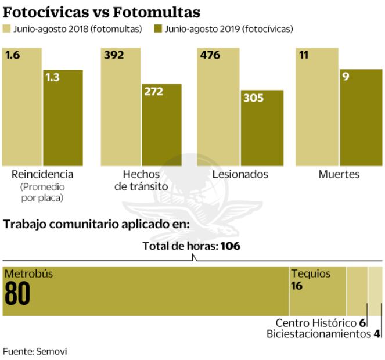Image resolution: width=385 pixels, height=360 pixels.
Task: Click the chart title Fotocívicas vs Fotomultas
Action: pyautogui.click(x=102, y=11)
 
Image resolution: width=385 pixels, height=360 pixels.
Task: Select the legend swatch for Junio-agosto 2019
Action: pyautogui.click(x=158, y=28)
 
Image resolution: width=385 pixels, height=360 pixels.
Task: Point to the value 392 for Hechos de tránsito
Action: pyautogui.click(x=113, y=56)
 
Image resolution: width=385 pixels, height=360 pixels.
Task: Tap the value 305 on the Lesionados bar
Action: pyautogui.click(x=254, y=98)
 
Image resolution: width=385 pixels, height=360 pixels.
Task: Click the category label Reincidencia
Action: pyautogui.click(x=42, y=174)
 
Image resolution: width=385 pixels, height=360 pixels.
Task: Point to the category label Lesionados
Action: pyautogui.click(x=240, y=174)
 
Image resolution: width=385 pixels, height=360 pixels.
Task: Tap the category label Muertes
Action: pyautogui.click(x=339, y=174)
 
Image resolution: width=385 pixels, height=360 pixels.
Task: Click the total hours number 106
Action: pyautogui.click(x=230, y=246)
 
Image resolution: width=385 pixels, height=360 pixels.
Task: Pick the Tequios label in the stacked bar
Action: pyautogui.click(x=310, y=273)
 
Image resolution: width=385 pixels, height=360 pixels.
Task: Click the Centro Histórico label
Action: pyautogui.click(x=316, y=323)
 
